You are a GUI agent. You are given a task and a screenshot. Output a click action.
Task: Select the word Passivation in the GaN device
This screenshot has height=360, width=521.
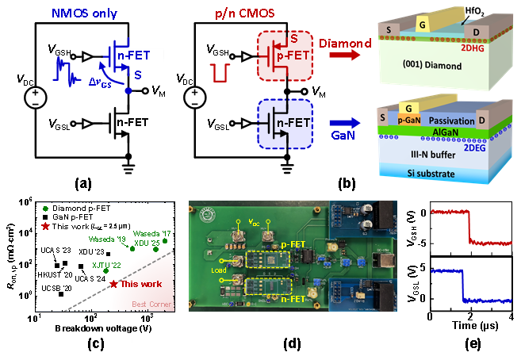[x=454, y=121]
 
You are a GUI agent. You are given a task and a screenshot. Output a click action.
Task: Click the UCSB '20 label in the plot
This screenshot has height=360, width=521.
[x=57, y=289]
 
